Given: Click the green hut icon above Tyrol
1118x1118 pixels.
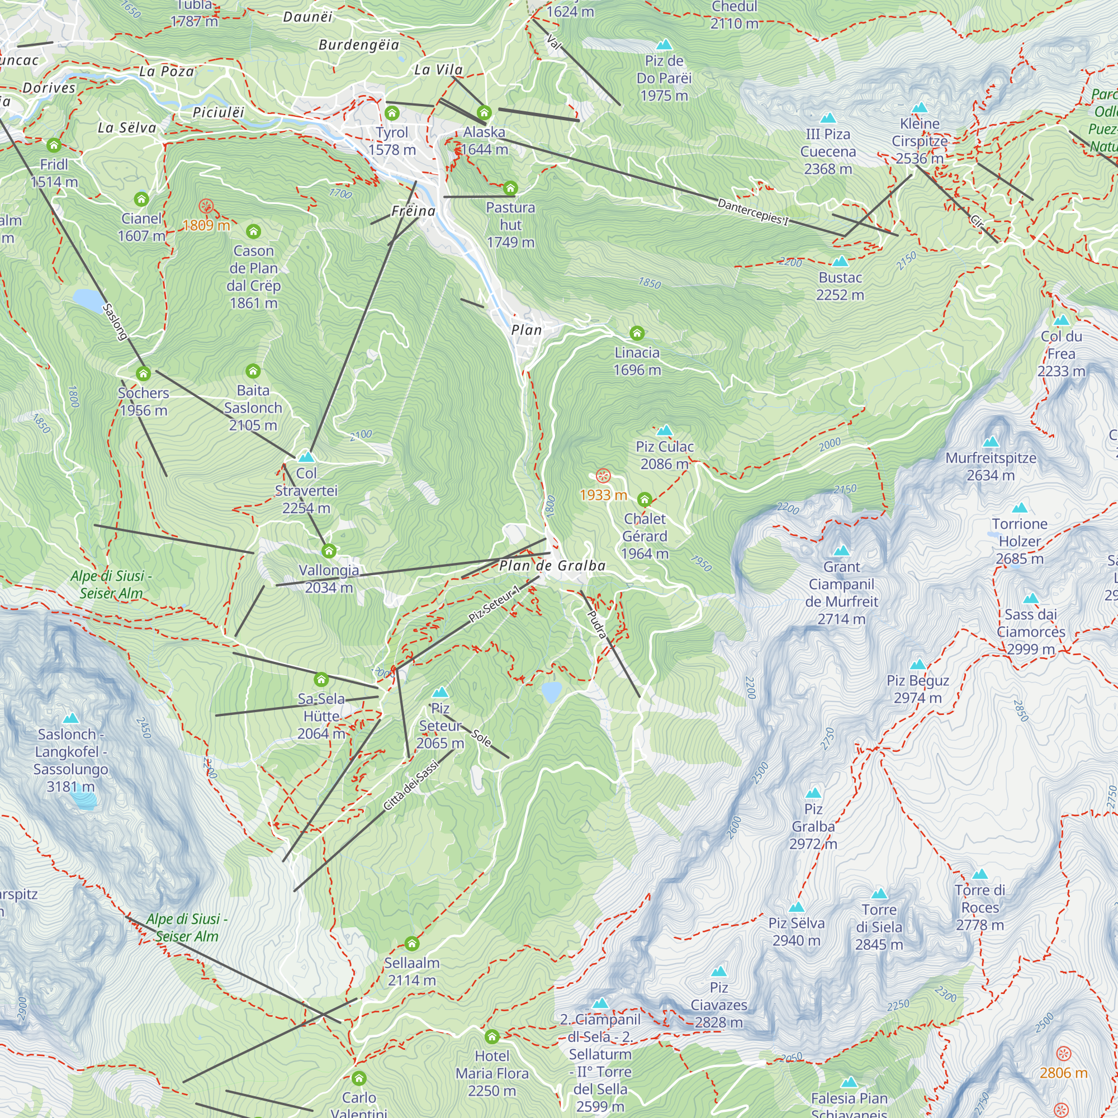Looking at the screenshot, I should coord(392,112).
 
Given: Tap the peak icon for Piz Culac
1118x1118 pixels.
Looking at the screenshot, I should coord(665,430).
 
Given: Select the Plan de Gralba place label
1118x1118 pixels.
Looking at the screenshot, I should coord(552,565).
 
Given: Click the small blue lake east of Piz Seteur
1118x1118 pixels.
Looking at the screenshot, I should coord(552,691).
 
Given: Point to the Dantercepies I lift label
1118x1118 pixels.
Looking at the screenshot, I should coord(753,211).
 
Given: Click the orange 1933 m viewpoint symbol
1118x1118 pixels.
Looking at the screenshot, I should coord(603,476).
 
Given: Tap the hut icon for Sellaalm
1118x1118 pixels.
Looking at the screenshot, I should coord(411,944).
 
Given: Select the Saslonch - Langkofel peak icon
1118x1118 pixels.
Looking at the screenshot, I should coord(70,718).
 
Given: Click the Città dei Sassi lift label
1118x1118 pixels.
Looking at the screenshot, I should coord(410,785).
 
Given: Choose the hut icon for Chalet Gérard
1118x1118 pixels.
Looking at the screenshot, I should coord(645,499).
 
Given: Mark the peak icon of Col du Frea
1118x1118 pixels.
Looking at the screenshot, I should coord(1062,320).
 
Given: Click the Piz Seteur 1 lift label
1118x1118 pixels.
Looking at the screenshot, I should coord(494,604).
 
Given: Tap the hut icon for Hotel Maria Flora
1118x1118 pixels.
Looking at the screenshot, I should coord(491,1036).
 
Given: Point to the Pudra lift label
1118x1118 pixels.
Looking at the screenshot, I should coord(596,624).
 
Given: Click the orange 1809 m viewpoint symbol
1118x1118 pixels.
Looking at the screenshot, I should coord(206,206).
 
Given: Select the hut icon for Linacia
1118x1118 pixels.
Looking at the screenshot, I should coord(637,333).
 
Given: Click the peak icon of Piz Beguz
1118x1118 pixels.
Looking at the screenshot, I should coord(918,664).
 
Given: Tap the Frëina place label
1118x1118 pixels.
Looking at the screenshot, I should coord(413,211).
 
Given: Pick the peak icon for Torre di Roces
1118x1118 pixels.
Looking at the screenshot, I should coord(980,874).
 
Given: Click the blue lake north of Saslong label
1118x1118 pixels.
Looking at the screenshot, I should coord(87,300).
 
